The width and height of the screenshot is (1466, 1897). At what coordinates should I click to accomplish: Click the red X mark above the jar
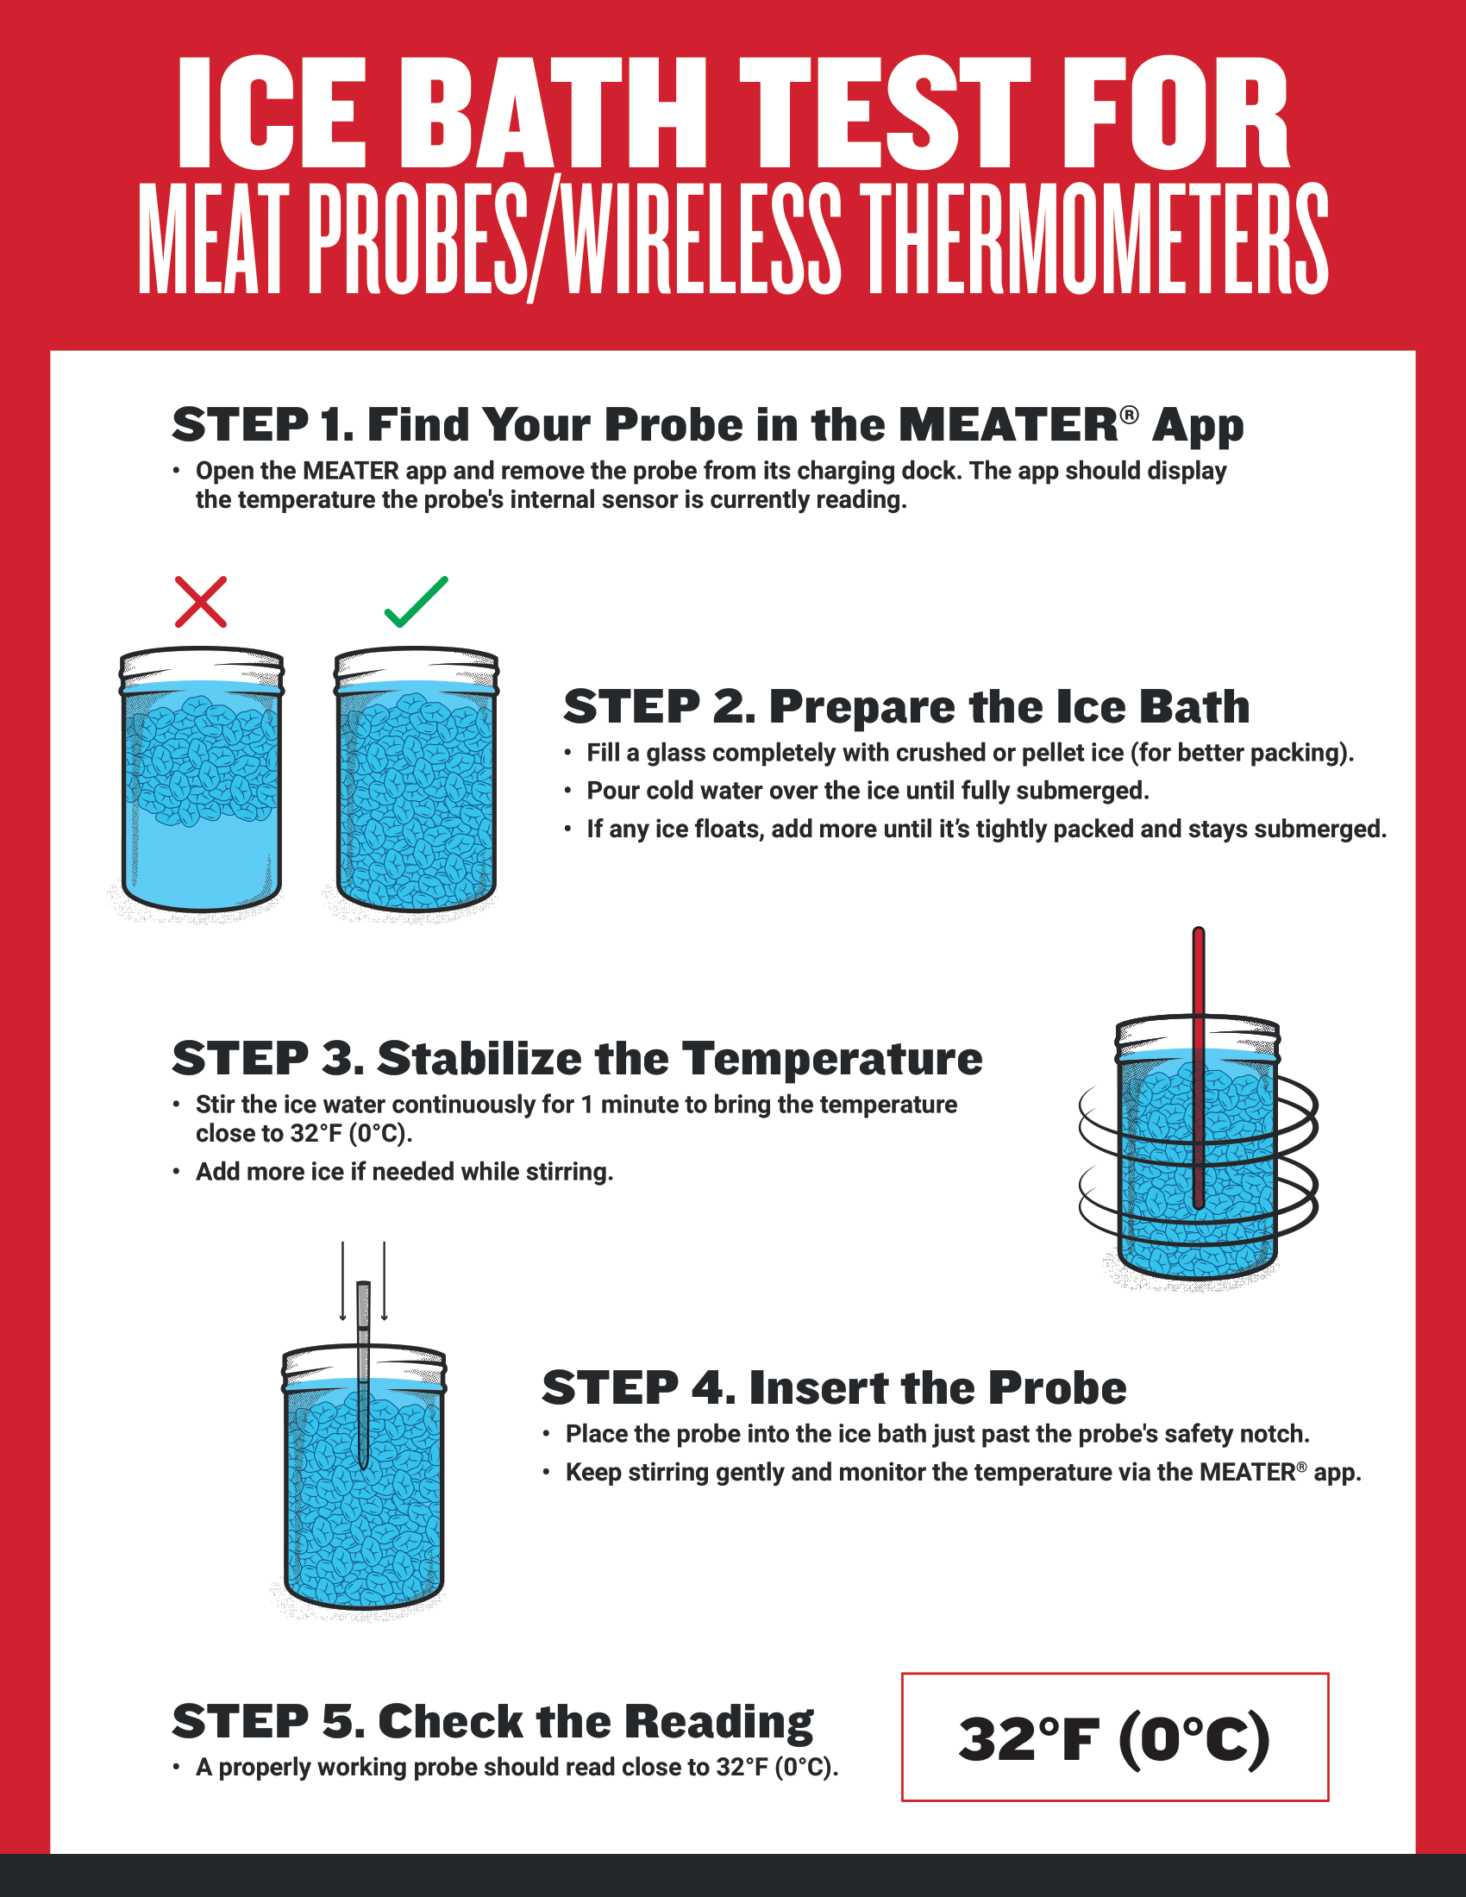[201, 601]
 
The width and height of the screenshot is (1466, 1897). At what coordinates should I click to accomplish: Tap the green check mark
[416, 602]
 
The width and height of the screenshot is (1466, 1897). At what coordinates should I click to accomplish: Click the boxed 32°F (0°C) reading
[1114, 1738]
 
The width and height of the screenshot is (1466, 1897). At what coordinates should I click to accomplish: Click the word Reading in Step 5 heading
[718, 1722]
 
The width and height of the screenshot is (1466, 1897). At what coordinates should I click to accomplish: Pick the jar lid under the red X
[202, 667]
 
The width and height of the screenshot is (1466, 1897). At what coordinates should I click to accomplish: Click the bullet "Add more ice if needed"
[404, 1172]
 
